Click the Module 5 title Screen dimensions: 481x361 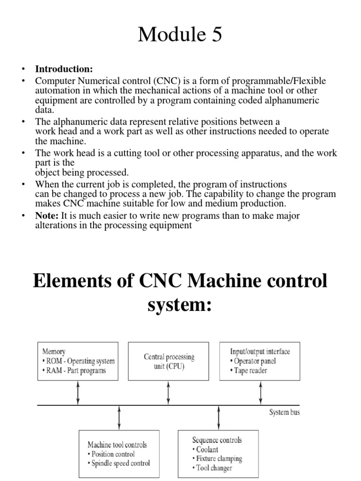(x=180, y=35)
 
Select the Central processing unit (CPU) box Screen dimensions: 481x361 (x=169, y=362)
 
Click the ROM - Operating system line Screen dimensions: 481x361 (x=78, y=361)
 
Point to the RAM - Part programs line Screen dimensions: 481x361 (x=74, y=371)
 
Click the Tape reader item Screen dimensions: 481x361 (x=251, y=371)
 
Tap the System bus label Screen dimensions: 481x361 (x=284, y=412)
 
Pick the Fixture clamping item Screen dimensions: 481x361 (x=219, y=458)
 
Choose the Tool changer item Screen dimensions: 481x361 (x=214, y=468)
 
